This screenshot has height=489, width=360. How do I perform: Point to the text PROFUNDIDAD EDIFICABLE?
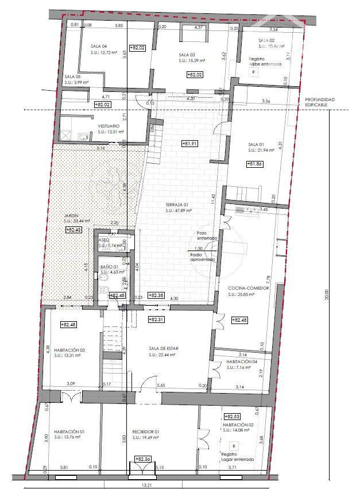coord(318,102)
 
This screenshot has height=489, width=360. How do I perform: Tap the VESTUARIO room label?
coord(109,126)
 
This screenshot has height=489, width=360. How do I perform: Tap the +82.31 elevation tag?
coord(156,319)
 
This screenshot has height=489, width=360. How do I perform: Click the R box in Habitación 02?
coord(234,445)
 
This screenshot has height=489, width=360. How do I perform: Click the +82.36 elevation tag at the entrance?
coord(141,459)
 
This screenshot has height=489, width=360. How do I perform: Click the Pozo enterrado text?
coord(207,235)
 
